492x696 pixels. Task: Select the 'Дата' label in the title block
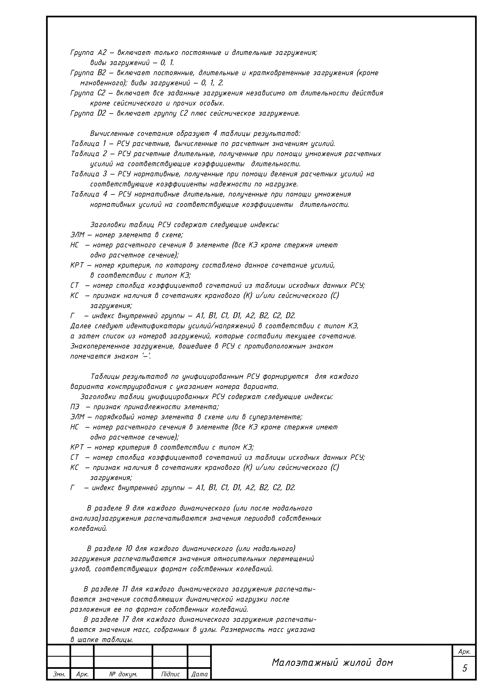point(199,674)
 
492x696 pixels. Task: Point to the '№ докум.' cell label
point(123,674)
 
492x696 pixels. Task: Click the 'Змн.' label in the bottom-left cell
point(59,674)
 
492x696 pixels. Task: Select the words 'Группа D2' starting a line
point(88,114)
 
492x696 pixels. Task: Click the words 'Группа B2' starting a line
point(88,73)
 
